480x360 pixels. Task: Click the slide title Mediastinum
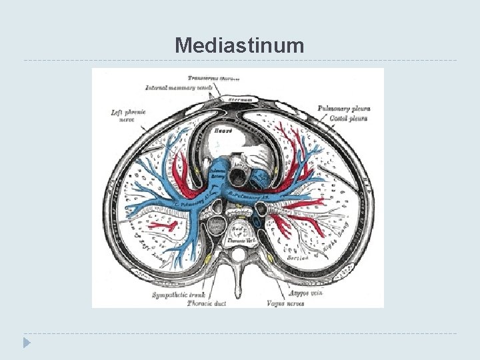tap(239, 45)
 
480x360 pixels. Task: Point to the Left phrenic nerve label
tap(128, 115)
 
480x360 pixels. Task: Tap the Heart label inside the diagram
tap(223, 131)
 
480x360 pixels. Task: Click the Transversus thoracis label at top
tap(214, 78)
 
